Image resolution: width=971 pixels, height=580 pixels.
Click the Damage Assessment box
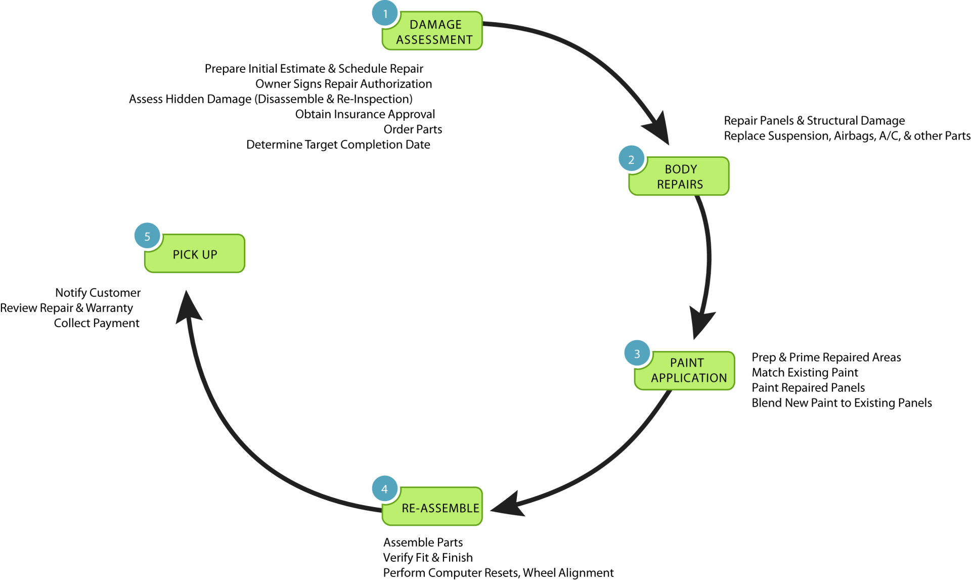(433, 31)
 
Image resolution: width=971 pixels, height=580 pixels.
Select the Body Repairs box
(679, 176)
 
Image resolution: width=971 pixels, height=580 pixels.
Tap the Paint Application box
(685, 371)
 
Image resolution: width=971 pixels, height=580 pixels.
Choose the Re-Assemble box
(433, 506)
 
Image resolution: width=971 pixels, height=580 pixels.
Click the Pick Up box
(195, 253)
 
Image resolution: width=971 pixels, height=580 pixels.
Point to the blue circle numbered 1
(385, 14)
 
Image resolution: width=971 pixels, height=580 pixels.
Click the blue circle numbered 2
(631, 159)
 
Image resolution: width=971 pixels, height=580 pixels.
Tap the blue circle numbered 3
(637, 353)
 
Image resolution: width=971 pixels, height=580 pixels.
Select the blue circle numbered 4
(385, 488)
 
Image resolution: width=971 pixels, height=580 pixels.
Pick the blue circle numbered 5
(147, 236)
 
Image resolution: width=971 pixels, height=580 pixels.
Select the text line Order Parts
(413, 129)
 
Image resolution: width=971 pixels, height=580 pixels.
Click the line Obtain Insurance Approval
(365, 114)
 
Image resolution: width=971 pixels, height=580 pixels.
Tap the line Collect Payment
(97, 323)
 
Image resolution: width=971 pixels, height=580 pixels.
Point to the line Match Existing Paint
(805, 373)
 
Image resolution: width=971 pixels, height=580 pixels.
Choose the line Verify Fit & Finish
(428, 558)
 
